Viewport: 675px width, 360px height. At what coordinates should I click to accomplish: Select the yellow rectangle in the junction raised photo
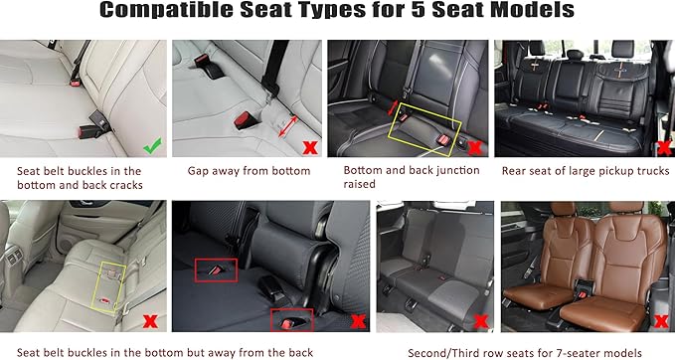[x=427, y=125]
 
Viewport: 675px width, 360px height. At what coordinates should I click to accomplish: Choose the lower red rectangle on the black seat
[x=291, y=319]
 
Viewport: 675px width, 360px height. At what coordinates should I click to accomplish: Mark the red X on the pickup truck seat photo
[x=661, y=148]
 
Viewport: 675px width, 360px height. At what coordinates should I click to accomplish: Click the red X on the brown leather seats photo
[x=660, y=321]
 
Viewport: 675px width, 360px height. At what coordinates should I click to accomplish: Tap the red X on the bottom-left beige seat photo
[x=149, y=322]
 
